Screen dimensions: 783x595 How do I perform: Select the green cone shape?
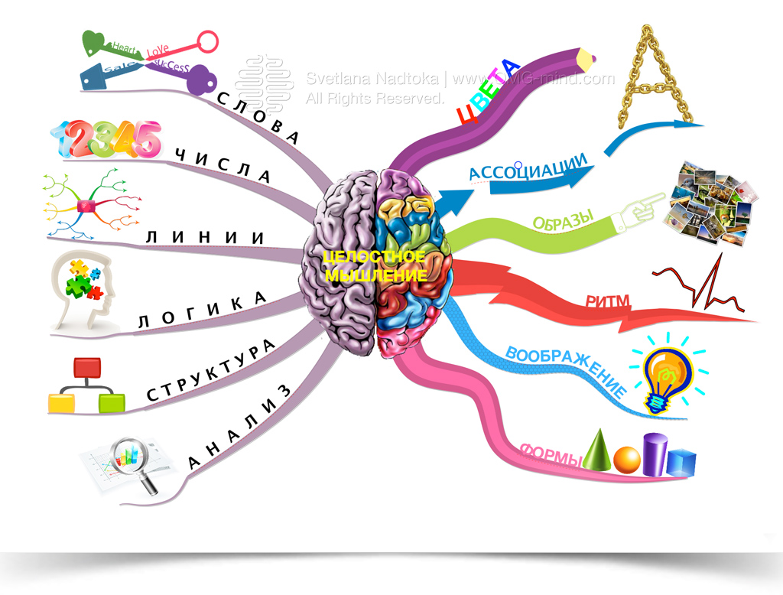[599, 449]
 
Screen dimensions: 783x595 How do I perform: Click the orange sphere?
[626, 459]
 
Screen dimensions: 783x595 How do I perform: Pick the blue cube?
[681, 461]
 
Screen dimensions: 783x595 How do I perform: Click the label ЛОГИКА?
[202, 311]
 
